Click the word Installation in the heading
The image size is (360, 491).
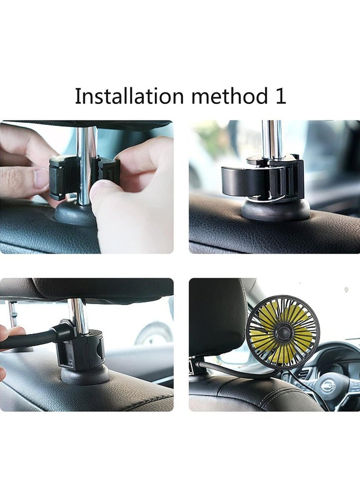(x=121, y=96)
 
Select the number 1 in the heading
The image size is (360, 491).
(x=280, y=96)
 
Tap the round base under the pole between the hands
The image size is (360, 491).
(x=74, y=215)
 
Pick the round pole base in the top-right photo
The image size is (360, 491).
(x=275, y=211)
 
